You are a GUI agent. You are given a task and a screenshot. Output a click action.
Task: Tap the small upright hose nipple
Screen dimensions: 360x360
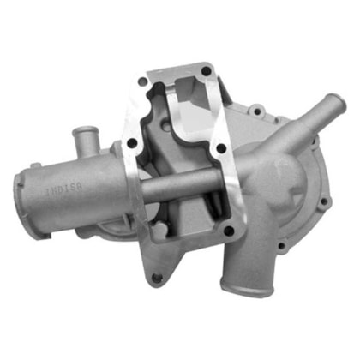[x=83, y=136]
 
